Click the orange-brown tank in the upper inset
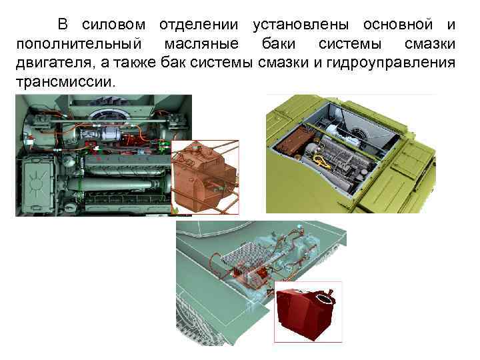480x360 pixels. (x=203, y=176)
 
